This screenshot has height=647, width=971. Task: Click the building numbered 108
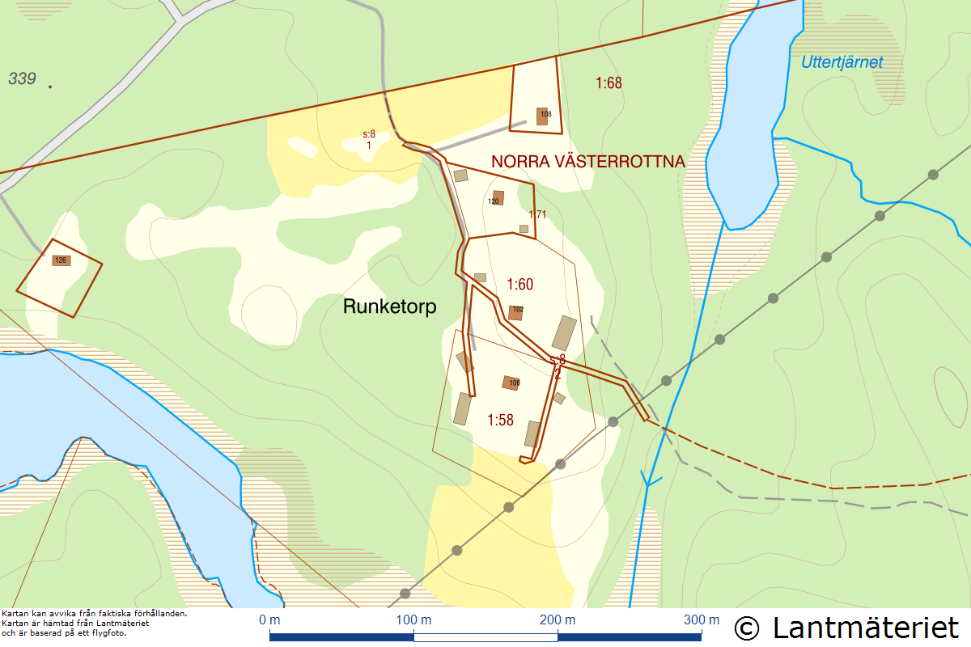542,116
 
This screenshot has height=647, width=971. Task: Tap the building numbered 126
61,260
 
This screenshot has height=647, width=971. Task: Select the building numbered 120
498,198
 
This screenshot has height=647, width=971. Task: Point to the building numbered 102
515,312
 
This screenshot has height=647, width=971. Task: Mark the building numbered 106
511,383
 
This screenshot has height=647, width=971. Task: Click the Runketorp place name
389,307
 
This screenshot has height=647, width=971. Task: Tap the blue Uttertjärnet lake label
842,62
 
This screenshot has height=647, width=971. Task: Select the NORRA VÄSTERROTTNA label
588,162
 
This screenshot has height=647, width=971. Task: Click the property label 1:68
608,82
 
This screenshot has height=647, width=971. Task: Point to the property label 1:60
520,284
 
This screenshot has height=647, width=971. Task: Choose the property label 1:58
501,420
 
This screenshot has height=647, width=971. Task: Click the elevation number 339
23,78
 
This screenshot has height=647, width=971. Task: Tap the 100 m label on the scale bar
413,620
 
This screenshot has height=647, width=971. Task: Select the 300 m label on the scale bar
701,620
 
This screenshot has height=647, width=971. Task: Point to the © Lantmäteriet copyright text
846,628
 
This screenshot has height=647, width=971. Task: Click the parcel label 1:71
538,214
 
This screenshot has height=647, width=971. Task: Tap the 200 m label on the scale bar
558,620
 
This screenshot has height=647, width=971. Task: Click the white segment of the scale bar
485,637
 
